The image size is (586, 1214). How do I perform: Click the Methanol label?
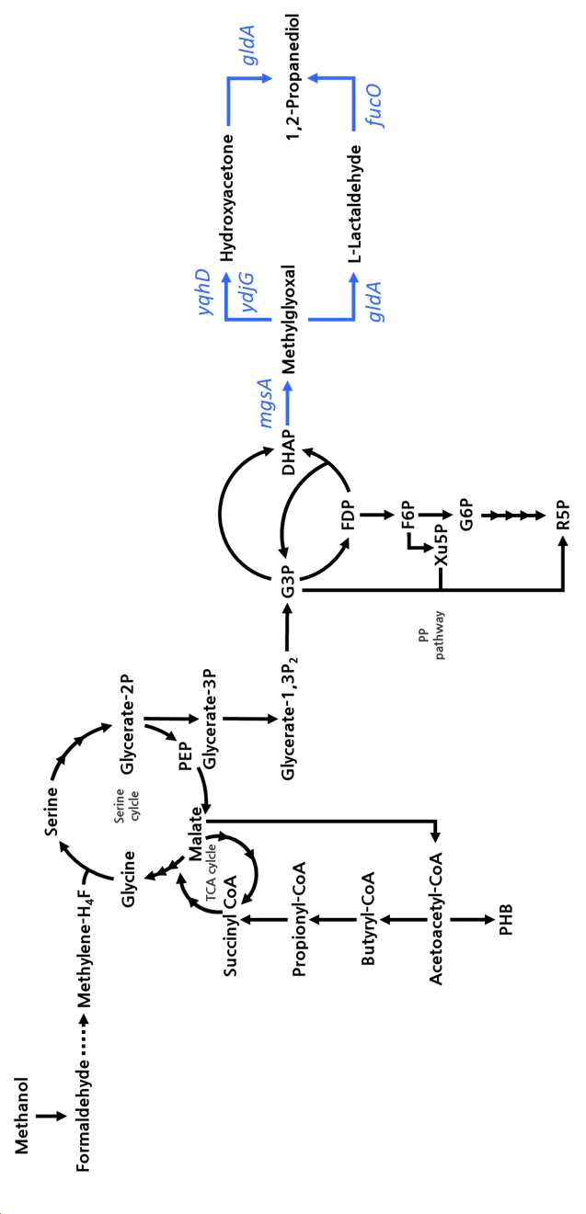coord(21,1116)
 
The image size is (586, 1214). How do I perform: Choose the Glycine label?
coord(129,879)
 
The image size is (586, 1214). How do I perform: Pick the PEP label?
coord(186,756)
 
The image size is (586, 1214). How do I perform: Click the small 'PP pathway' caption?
coord(431,635)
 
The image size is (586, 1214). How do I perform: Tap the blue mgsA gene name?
coord(268,403)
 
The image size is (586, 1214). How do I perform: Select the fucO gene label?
coord(375,105)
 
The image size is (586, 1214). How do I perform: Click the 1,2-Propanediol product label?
coord(293,77)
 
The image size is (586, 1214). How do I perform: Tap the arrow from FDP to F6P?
coord(375,515)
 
